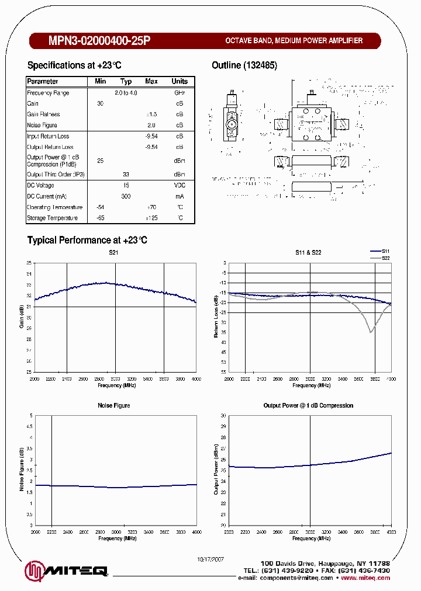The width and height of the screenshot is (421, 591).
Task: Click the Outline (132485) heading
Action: coord(244,65)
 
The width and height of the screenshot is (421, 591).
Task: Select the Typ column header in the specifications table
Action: coord(126,82)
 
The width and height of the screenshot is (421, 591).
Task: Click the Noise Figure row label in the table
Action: coord(42,125)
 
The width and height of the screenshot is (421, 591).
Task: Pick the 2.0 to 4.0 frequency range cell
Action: coord(126,93)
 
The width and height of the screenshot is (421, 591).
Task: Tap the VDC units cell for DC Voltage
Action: coord(180,186)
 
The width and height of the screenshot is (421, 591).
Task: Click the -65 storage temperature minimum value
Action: coord(100,218)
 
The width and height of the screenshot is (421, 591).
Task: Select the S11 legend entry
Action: coord(385,250)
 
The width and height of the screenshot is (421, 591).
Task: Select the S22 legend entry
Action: coord(385,258)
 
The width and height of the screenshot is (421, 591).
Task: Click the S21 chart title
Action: coord(115,252)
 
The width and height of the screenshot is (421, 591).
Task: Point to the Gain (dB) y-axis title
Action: coord(22,316)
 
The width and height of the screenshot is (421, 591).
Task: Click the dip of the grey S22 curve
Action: coord(370,331)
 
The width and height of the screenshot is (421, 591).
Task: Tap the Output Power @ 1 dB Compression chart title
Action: coord(308,405)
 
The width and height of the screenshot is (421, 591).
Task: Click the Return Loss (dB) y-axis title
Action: coord(216,316)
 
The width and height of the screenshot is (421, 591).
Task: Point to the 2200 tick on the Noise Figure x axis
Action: coord(51,532)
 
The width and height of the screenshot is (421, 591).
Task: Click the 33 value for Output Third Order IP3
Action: coord(126,175)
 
